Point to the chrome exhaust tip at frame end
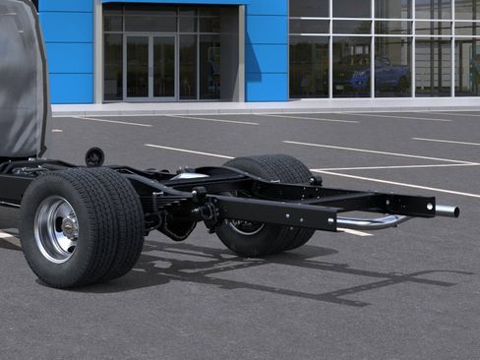[446, 210]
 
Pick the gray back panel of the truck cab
[22, 79]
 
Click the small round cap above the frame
[94, 155]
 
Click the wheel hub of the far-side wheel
[246, 226]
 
